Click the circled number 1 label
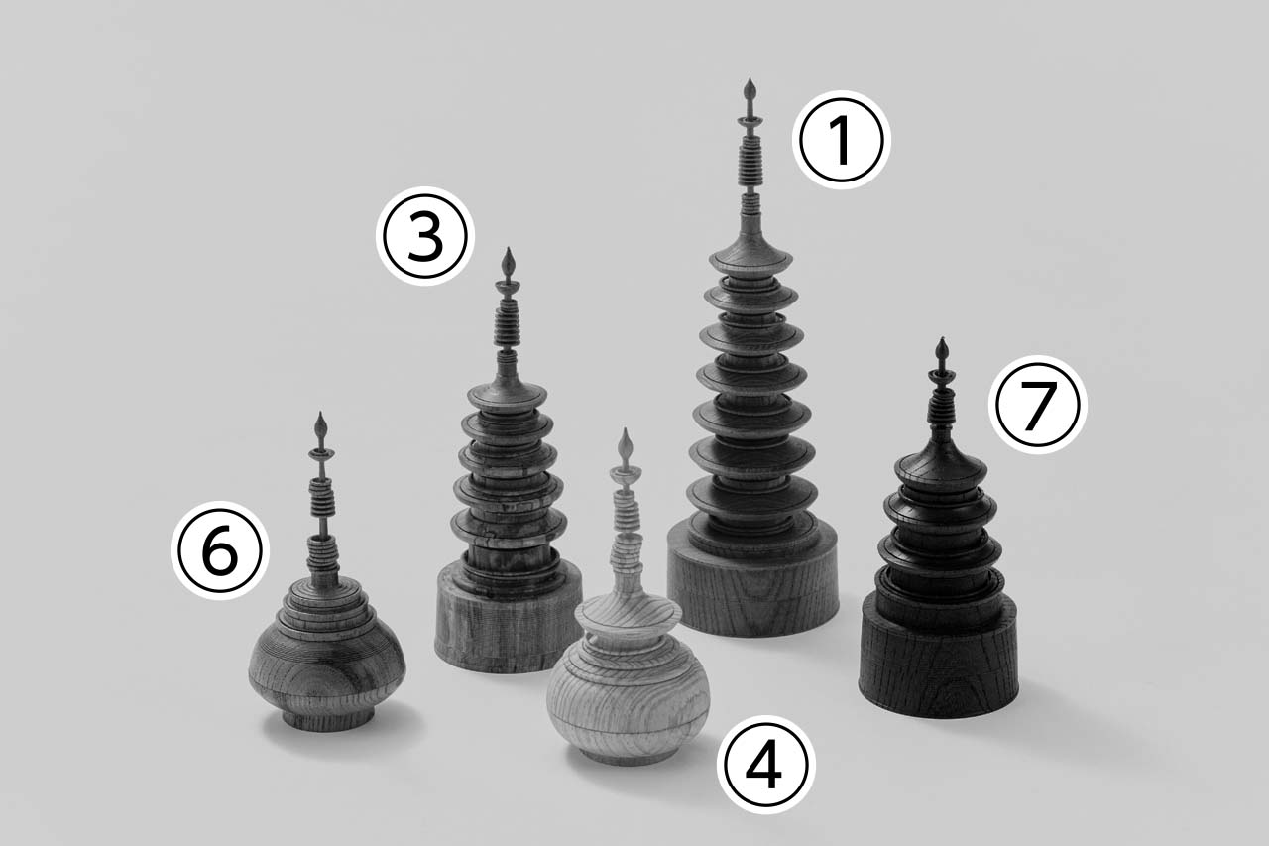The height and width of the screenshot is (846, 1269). coord(842,140)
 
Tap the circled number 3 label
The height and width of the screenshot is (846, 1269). coord(425,236)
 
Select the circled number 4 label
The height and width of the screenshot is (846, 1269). coord(766,765)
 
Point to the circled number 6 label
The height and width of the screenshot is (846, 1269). coord(220,550)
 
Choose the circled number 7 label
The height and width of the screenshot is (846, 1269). coord(1038,404)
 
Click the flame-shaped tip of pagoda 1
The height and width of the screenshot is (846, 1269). coord(750,89)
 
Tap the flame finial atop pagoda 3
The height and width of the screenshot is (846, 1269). coord(509,261)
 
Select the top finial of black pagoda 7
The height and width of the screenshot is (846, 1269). coord(942,349)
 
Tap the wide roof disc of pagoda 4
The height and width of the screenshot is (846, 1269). coord(628,614)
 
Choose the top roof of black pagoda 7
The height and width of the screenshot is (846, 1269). coord(941,466)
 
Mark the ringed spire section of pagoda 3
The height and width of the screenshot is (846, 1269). coord(507,323)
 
